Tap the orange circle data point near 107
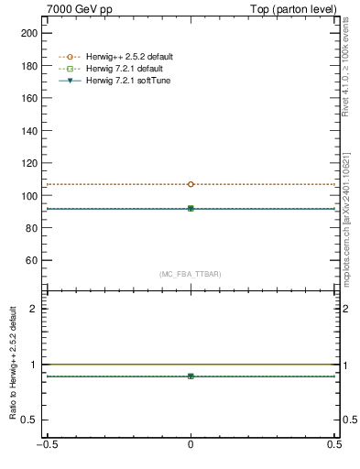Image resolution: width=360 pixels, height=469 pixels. click(x=191, y=184)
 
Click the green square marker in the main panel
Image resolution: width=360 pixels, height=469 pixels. click(x=191, y=209)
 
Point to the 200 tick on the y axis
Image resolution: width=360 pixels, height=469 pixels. click(x=29, y=32)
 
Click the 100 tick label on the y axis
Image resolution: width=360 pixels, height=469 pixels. click(x=29, y=195)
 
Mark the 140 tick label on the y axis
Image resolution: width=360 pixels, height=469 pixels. click(x=29, y=130)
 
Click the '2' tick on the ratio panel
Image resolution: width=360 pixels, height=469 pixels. click(x=36, y=309)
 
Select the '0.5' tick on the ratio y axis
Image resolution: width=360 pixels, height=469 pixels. click(x=31, y=420)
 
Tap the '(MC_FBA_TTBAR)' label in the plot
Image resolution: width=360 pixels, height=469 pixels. click(x=191, y=274)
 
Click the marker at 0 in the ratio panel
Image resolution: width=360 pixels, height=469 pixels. click(x=191, y=376)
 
